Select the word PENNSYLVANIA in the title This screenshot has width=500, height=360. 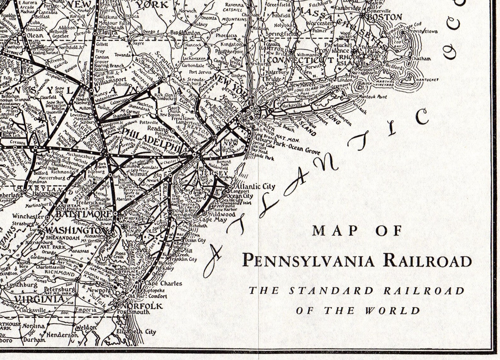309,261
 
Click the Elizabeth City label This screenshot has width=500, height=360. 136,332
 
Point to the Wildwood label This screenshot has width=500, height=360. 224,214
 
